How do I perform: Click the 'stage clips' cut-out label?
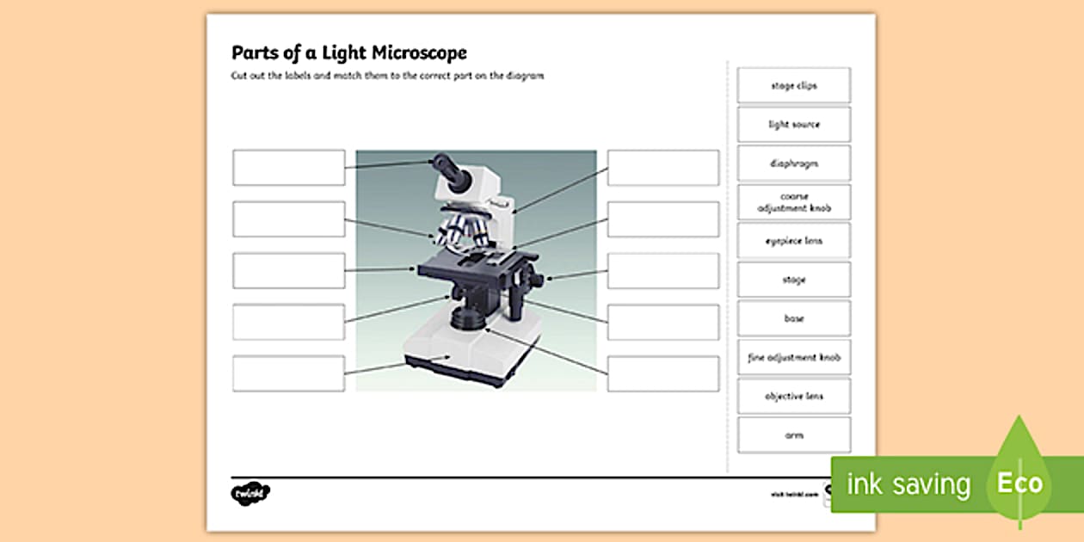(x=793, y=86)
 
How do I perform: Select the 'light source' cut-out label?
(x=793, y=125)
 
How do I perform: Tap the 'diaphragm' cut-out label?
(x=793, y=163)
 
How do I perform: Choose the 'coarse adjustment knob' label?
(x=793, y=202)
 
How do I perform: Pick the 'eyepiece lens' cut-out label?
(x=793, y=241)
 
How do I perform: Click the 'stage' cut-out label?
(x=793, y=280)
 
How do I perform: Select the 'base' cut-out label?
(x=793, y=318)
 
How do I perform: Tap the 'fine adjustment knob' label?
(x=793, y=357)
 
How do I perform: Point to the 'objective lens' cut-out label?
(x=793, y=396)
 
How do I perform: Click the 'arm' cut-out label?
(x=793, y=435)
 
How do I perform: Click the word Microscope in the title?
(x=419, y=53)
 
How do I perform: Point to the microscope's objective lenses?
(x=460, y=231)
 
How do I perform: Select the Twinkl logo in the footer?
(x=250, y=494)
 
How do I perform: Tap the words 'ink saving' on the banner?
(x=908, y=484)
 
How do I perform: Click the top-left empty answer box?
(x=288, y=168)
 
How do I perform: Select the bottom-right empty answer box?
(x=662, y=374)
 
